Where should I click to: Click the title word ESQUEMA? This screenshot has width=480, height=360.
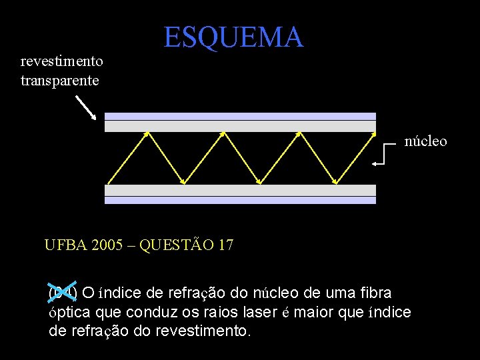pyautogui.click(x=233, y=37)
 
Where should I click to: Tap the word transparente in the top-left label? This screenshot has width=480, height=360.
pyautogui.click(x=60, y=81)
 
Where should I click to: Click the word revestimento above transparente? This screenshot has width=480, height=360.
pyautogui.click(x=62, y=62)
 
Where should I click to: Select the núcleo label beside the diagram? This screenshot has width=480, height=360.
pyautogui.click(x=426, y=141)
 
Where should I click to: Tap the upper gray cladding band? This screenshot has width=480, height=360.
pyautogui.click(x=240, y=126)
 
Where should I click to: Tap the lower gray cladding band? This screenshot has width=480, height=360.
pyautogui.click(x=240, y=190)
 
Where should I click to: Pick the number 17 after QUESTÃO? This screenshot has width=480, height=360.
pyautogui.click(x=225, y=245)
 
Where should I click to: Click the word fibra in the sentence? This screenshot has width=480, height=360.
pyautogui.click(x=376, y=293)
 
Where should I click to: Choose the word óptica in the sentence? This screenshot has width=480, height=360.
pyautogui.click(x=69, y=312)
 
